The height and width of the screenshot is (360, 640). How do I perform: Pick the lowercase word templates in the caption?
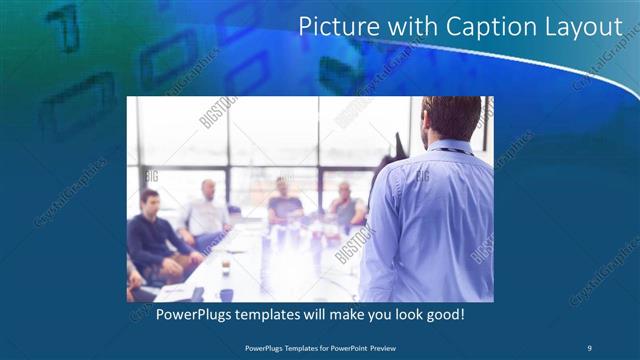click(x=280, y=315)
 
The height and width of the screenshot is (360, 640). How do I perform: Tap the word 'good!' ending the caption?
click(x=442, y=315)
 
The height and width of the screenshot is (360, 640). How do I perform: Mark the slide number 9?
click(x=589, y=347)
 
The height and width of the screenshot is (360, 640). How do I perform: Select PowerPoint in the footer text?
click(x=346, y=347)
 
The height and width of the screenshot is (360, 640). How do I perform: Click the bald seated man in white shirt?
click(x=206, y=212)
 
